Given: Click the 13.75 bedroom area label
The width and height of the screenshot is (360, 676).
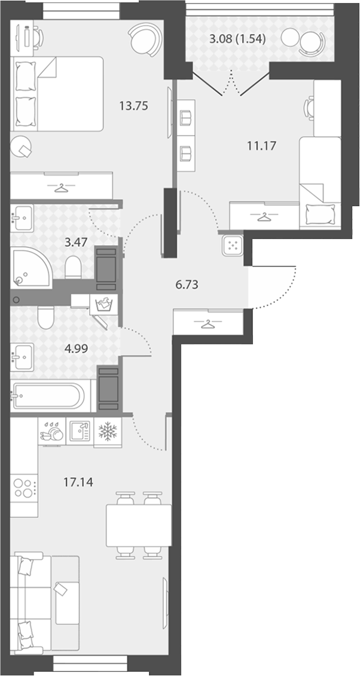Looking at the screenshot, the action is point(133,106).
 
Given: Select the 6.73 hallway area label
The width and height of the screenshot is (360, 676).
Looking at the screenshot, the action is point(187,285).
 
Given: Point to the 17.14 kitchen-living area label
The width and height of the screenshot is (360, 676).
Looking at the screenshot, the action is point(78,482).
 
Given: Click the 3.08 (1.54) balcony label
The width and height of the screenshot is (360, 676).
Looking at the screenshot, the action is point(237,39).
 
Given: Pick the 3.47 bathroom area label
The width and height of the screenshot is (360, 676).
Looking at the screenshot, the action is point(76,242).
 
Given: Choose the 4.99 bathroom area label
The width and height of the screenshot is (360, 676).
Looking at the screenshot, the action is point(76,349).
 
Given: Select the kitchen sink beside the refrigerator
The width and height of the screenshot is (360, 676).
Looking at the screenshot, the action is point(80,431).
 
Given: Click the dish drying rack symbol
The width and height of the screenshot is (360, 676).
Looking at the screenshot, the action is point(52,432).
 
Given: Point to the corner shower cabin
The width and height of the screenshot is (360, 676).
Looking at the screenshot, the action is point(31,267).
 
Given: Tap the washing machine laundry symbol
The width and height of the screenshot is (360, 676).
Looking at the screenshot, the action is point(103,304).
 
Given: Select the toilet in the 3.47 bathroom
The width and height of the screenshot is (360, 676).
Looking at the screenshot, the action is point(73,267).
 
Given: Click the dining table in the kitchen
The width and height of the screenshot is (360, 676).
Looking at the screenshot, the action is point(139,525).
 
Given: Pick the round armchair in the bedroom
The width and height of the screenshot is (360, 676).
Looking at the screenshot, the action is point(145,39).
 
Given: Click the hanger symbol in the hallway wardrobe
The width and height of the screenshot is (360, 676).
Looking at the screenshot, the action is point(208,323).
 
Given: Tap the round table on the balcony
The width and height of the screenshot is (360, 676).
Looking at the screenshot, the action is point(289,38).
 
